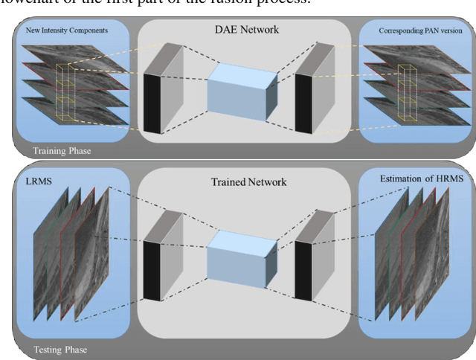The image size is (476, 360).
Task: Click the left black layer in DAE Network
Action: (x=152, y=103)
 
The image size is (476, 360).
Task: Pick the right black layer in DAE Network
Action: (x=304, y=103)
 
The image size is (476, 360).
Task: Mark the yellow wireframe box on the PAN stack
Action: (x=407, y=93)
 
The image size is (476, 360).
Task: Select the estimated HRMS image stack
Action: (x=405, y=257)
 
